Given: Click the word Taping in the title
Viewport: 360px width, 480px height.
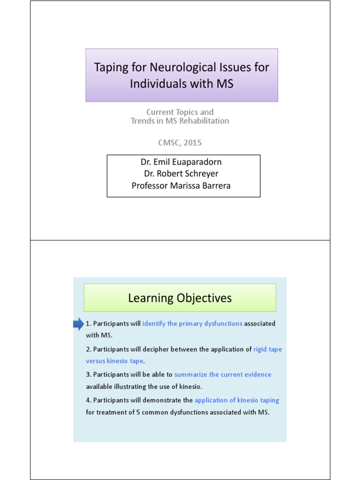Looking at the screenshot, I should click(x=111, y=67).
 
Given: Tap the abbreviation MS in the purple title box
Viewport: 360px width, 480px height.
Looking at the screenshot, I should click(x=224, y=84).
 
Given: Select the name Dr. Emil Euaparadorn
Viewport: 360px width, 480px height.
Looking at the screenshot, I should click(x=181, y=162).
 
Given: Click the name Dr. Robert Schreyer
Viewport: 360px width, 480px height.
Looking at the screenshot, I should click(x=181, y=173).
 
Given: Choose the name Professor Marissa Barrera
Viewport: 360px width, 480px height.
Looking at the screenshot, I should click(x=181, y=186).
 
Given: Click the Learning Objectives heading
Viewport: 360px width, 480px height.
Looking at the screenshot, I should click(x=180, y=298).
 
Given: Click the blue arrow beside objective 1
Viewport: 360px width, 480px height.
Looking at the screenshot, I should click(x=78, y=323).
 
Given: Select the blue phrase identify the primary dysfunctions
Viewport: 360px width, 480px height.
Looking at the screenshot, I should click(x=192, y=323).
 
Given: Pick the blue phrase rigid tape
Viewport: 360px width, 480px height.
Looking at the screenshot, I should click(x=268, y=349).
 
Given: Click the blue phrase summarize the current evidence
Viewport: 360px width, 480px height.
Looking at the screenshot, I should click(x=223, y=375).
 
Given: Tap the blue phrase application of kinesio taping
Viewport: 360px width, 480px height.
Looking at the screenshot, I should click(x=237, y=400).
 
